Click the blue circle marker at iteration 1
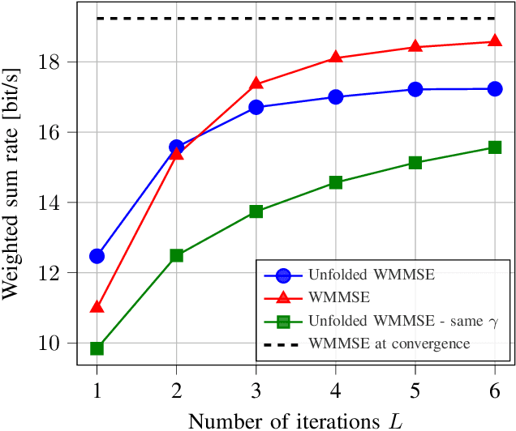click(97, 256)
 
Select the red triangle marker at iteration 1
click(97, 307)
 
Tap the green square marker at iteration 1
click(97, 348)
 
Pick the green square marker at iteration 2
click(177, 255)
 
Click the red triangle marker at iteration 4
click(336, 58)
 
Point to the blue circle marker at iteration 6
click(495, 88)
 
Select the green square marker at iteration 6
click(495, 147)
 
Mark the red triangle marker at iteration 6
click(495, 41)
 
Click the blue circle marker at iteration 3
click(256, 107)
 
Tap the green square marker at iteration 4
click(336, 182)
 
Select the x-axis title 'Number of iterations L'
click(295, 419)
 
